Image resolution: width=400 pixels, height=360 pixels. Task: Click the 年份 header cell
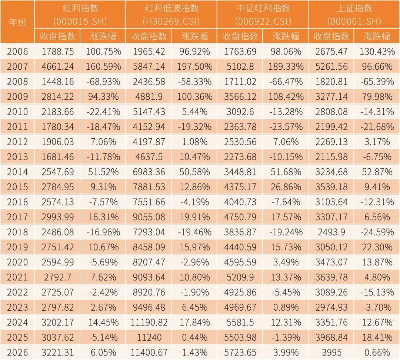tap(17, 22)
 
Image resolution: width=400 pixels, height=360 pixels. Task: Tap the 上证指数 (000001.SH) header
tap(354, 14)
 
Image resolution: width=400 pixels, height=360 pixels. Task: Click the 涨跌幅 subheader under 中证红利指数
tap(286, 36)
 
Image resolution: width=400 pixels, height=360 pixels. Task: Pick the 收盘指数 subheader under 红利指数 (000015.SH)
tap(58, 36)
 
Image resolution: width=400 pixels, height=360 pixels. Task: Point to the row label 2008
tap(17, 82)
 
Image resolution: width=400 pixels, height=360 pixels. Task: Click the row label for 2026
tap(17, 352)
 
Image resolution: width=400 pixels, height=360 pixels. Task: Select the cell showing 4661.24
tap(58, 67)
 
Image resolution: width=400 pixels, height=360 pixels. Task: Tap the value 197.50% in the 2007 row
tap(194, 67)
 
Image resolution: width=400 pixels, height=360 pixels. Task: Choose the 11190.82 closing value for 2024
tap(149, 322)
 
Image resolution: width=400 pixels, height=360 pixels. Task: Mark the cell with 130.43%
tap(377, 52)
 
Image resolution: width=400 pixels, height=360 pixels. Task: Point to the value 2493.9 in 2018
tap(331, 232)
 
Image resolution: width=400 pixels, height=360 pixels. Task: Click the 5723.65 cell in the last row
tap(240, 352)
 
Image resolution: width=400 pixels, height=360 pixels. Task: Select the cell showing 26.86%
tap(286, 187)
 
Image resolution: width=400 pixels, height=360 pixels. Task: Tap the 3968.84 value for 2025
tap(331, 337)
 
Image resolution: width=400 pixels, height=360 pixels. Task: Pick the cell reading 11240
tap(149, 337)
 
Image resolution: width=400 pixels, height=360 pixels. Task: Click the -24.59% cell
tap(377, 232)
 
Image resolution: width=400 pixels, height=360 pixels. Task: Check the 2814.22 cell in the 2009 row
tap(58, 97)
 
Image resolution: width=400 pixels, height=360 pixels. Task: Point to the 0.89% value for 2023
tap(286, 307)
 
